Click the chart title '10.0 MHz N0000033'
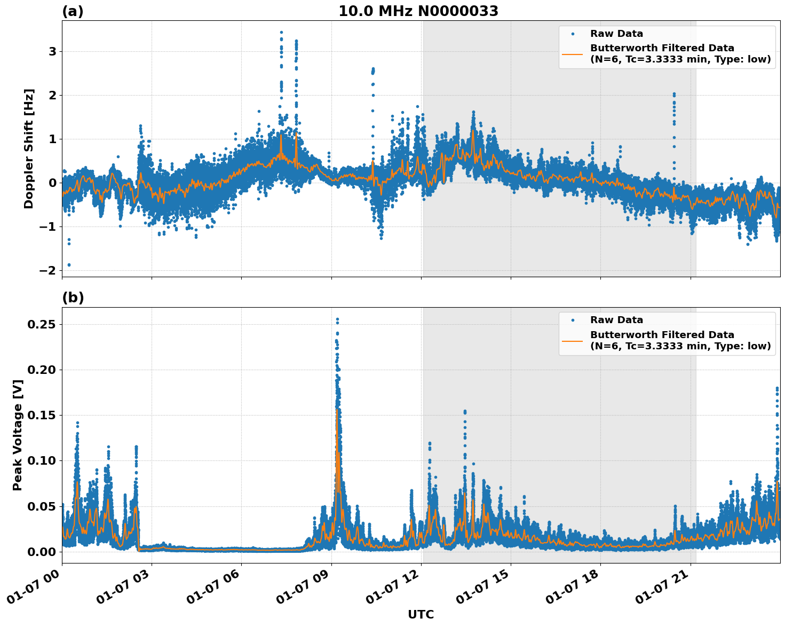point(418,11)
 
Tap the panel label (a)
point(73,11)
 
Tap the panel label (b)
point(73,298)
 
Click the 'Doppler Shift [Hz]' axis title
point(29,148)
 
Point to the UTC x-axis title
point(421,614)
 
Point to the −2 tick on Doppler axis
point(48,271)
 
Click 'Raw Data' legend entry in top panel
point(616,34)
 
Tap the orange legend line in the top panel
point(573,54)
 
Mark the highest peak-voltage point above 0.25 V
point(337,319)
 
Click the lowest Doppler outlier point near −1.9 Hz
point(69,265)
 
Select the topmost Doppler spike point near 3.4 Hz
point(281,33)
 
